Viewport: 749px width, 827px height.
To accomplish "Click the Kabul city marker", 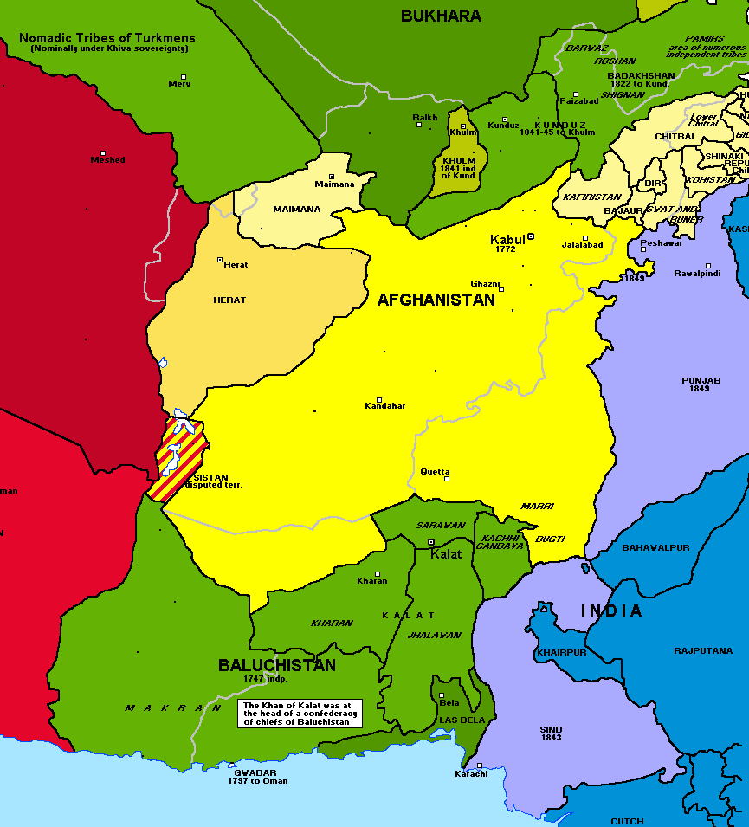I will coord(531,236).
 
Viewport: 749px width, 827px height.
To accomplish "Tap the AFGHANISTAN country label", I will coord(436,300).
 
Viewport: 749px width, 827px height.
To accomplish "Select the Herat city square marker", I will coord(220,259).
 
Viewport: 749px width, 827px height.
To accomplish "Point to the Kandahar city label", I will coord(385,406).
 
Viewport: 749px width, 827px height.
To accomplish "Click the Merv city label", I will coord(179,84).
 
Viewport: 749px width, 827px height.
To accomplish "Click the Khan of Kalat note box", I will coord(300,714).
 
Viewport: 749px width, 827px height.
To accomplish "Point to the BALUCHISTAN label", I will coord(276,665).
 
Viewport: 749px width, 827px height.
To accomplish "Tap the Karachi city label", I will coord(471,773).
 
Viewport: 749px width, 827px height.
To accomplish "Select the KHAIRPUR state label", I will coord(561,652).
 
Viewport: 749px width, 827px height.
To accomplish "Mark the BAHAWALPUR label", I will coord(655,547).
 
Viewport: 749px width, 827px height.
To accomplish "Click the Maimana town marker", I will coord(331,177).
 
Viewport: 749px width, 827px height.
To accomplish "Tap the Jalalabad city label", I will coord(582,245).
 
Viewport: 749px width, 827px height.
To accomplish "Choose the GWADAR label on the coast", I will coord(255,772).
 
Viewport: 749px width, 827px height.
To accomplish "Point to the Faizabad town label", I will coord(579,100).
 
